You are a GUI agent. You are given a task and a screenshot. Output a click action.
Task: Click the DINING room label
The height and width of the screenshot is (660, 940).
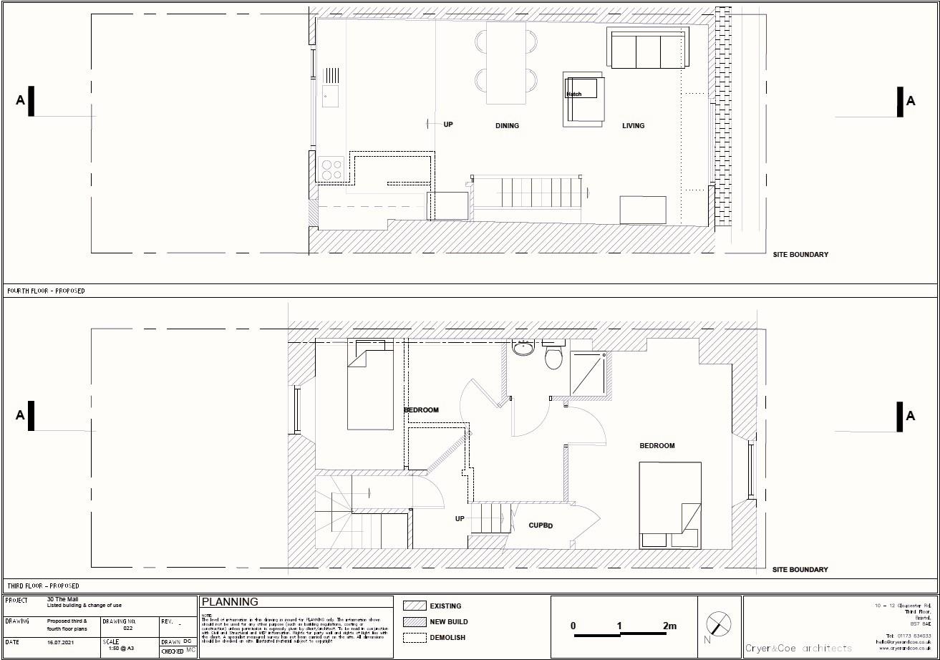(507, 126)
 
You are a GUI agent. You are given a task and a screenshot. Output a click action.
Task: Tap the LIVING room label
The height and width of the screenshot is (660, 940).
(633, 126)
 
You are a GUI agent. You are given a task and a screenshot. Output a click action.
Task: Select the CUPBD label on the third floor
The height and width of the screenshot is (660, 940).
(541, 525)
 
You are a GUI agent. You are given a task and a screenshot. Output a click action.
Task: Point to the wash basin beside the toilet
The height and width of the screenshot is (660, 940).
(524, 349)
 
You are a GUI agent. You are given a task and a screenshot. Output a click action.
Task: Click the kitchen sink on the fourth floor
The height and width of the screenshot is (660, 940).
(330, 95)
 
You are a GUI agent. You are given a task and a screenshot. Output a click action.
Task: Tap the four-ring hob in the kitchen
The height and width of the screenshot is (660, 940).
(331, 170)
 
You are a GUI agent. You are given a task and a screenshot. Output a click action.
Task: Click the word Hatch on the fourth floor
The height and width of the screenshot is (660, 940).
(574, 94)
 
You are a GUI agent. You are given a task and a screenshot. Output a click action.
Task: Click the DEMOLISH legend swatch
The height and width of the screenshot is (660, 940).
(415, 637)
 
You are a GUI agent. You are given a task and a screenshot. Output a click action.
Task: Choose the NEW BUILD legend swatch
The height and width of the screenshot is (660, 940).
(415, 621)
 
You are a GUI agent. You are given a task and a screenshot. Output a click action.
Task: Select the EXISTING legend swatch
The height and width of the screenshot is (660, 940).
(415, 606)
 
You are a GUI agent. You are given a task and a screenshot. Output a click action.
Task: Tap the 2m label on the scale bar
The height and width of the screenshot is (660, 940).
(669, 626)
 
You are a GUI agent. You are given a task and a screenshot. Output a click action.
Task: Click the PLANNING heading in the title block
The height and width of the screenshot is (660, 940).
(230, 602)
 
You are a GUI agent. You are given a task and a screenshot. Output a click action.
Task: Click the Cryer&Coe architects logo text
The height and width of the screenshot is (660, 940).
(799, 648)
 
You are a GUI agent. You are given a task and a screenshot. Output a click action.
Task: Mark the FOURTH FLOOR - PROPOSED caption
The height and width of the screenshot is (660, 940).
(46, 291)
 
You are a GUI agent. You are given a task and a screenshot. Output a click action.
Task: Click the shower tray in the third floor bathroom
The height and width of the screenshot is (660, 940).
(588, 373)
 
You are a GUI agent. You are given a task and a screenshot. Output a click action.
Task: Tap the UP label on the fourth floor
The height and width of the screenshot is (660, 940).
(448, 125)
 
